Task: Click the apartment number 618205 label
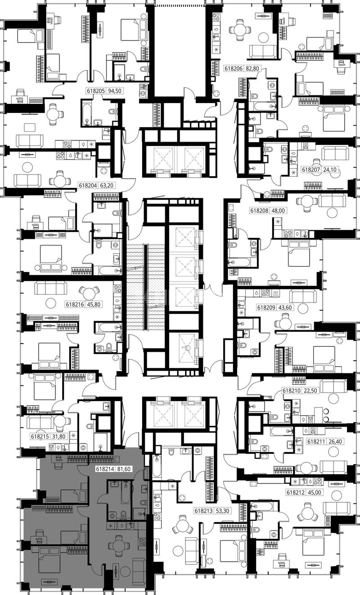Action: [96, 91]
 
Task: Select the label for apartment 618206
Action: [234, 68]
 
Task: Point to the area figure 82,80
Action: [252, 68]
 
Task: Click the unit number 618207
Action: [311, 170]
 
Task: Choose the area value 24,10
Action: [329, 170]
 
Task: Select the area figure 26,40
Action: [336, 442]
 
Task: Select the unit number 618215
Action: [40, 443]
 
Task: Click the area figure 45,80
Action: [94, 304]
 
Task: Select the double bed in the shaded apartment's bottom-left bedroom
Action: [49, 562]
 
